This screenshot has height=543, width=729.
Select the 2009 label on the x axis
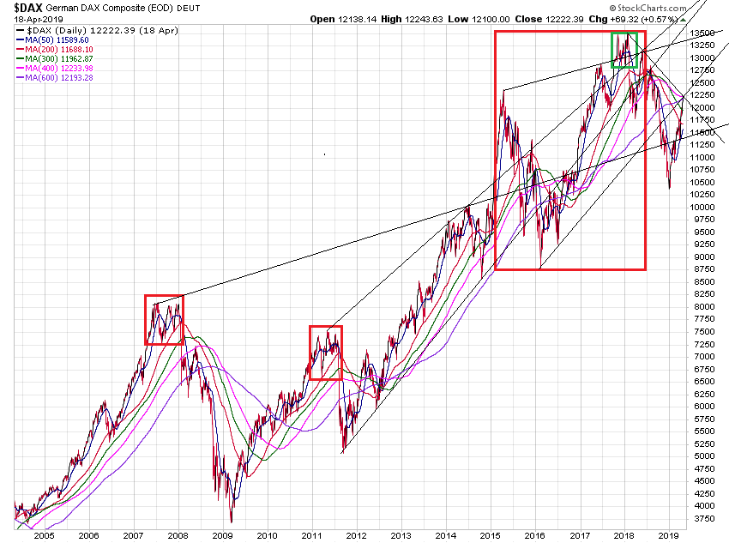(222, 534)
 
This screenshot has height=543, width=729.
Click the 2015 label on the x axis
(490, 534)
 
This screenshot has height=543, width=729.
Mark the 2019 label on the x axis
(668, 534)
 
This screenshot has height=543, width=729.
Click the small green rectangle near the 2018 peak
(624, 50)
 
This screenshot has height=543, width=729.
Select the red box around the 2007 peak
(163, 320)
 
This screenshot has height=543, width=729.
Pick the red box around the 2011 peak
(325, 353)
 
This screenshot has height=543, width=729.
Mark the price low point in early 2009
(231, 522)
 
